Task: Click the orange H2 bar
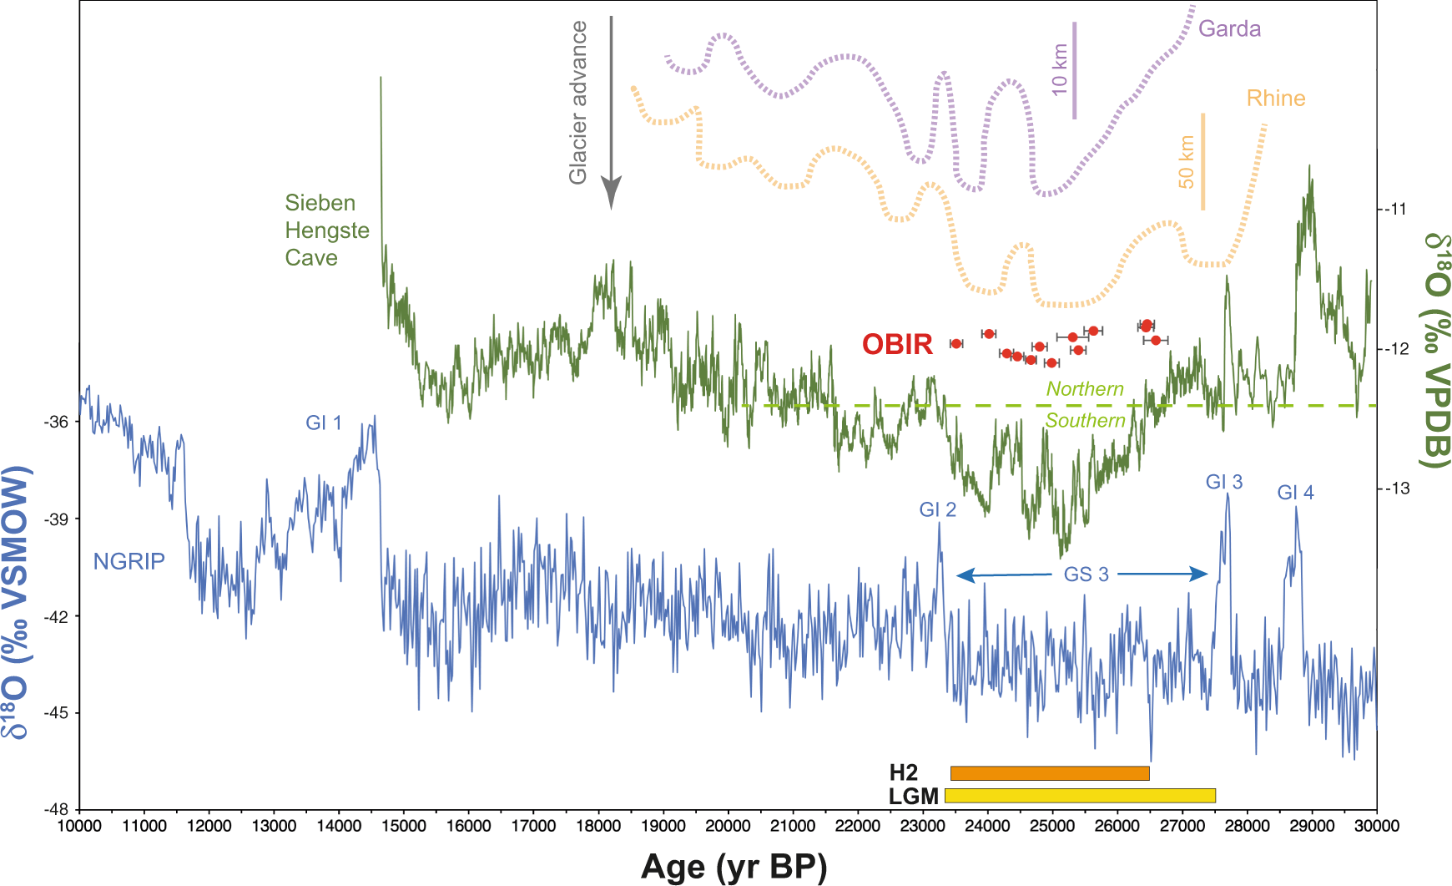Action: coord(1050,773)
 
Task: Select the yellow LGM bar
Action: coord(1080,796)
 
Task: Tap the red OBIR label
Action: coord(897,344)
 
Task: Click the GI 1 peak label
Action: coord(324,423)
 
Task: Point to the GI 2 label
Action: coord(937,509)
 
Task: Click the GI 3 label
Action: coord(1224,482)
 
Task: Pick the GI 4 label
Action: coord(1295,493)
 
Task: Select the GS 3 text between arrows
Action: coord(1086,575)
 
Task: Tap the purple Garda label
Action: coord(1229,29)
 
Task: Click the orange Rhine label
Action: coord(1275,99)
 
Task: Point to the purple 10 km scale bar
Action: coord(1074,71)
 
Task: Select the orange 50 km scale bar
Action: coord(1202,161)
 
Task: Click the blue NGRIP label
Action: coord(129,561)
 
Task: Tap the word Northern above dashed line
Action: coord(1085,389)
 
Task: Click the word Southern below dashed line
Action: coord(1085,421)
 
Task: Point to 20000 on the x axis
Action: coord(728,826)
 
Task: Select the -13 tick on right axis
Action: coord(1394,489)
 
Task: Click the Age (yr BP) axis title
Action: coord(734,868)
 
